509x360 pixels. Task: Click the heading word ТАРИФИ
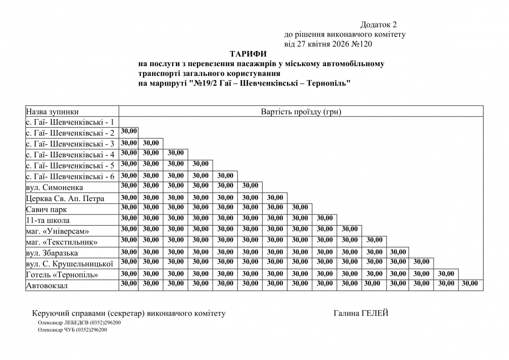(248, 53)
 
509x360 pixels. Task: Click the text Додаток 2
(378, 24)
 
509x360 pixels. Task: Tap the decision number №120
(362, 44)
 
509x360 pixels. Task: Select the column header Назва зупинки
(52, 112)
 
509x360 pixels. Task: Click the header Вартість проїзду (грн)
(300, 112)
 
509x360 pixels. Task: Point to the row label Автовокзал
(47, 286)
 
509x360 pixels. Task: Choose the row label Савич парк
(46, 209)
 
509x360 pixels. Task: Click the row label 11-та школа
(48, 220)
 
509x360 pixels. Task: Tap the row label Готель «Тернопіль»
(62, 275)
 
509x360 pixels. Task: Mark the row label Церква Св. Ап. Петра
(65, 199)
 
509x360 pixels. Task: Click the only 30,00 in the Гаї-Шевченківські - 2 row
(129, 131)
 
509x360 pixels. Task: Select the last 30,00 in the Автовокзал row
(470, 283)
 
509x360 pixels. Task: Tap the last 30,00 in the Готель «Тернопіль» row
(445, 273)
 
